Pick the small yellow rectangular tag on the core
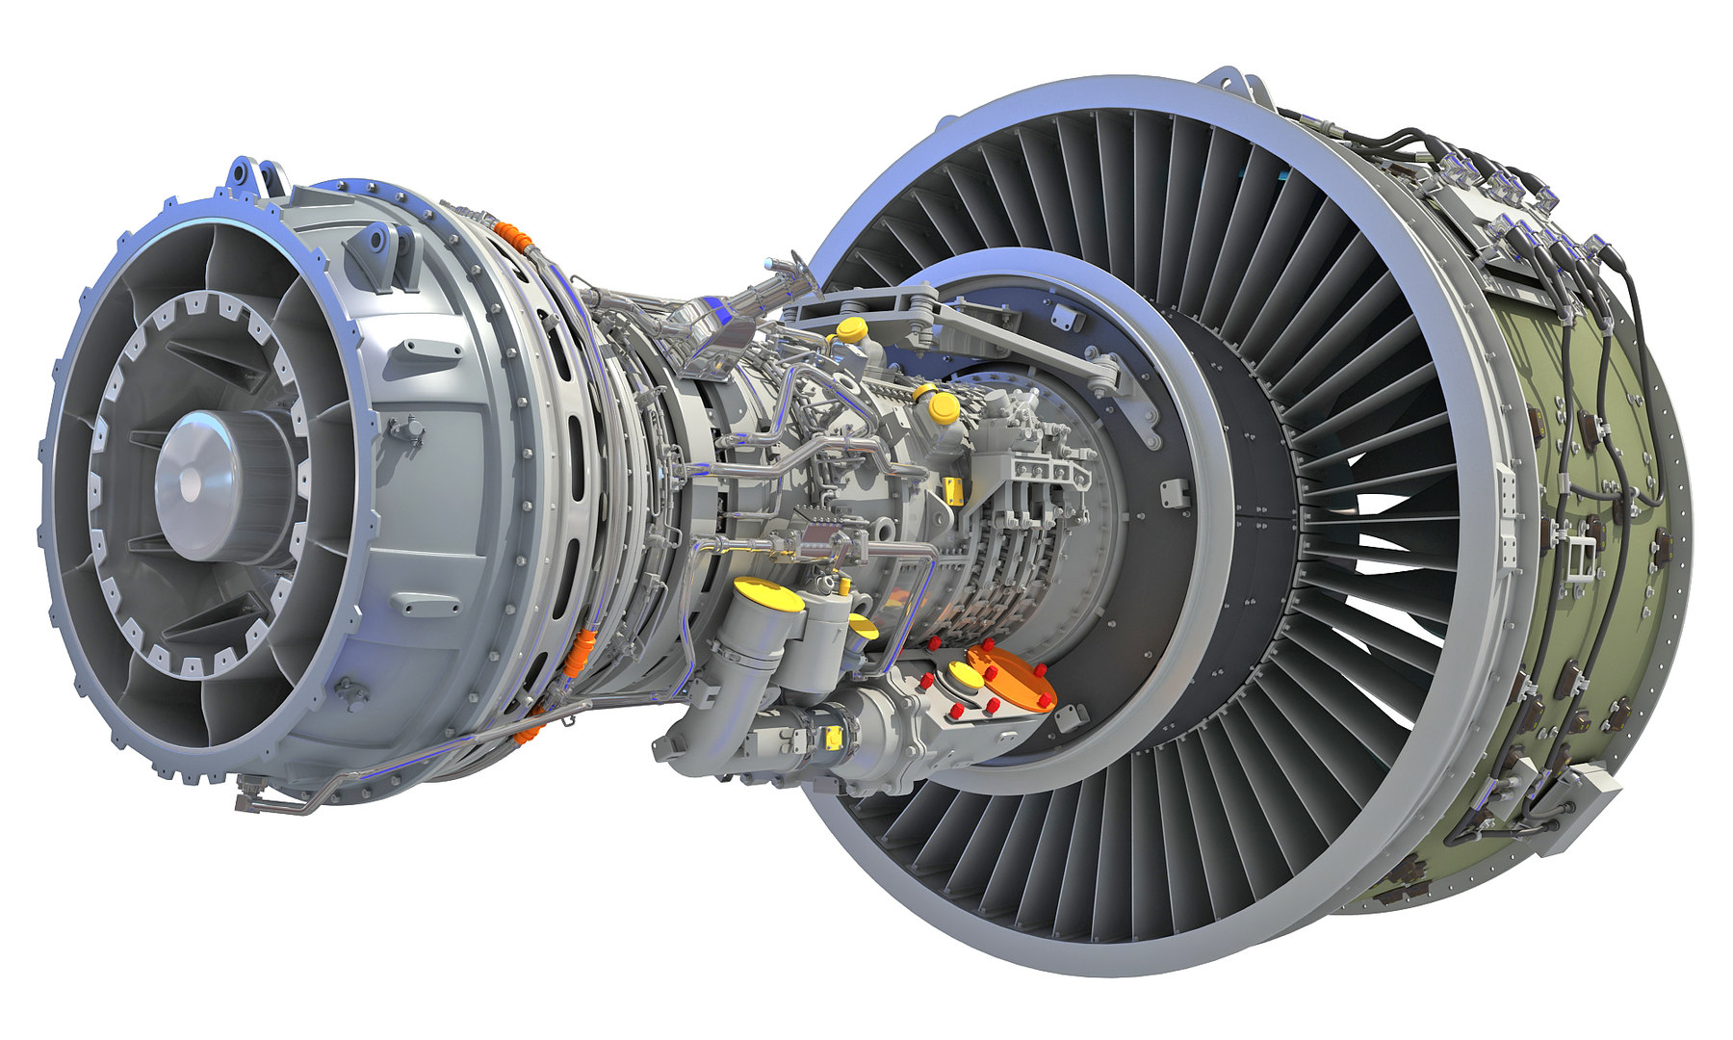tap(955, 490)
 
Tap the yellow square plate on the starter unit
tap(834, 738)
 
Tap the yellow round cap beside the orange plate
tap(964, 675)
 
